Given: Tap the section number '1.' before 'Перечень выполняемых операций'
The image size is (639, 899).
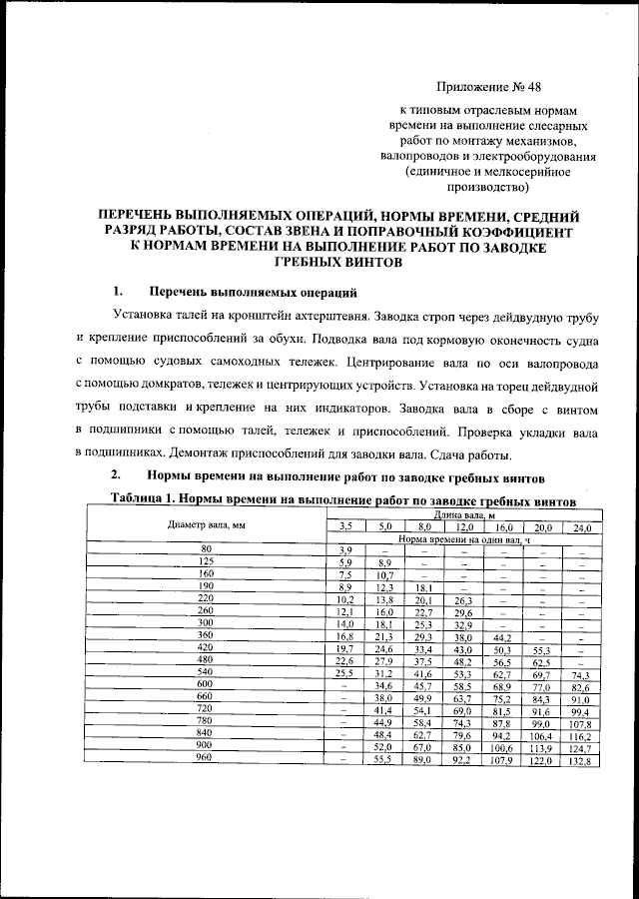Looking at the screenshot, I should (118, 292).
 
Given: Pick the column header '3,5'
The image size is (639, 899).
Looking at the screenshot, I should (346, 526).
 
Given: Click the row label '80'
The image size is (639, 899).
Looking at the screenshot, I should (206, 549).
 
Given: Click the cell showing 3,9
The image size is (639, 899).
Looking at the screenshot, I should (346, 550).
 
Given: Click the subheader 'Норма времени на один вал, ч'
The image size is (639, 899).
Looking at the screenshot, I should (463, 538).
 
